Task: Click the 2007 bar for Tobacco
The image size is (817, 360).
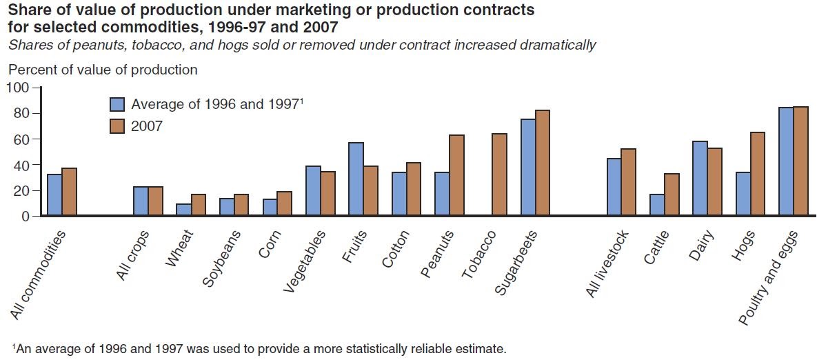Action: click(x=499, y=175)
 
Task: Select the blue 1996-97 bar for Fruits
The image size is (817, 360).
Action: click(x=356, y=179)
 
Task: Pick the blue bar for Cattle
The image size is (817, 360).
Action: click(x=658, y=205)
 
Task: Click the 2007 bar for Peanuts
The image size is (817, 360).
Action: click(x=456, y=175)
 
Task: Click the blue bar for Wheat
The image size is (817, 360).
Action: click(x=183, y=210)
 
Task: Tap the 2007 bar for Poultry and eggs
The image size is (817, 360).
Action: click(x=800, y=161)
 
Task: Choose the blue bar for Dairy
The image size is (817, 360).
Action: click(x=700, y=179)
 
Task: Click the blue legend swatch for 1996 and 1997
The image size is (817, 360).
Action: click(x=117, y=104)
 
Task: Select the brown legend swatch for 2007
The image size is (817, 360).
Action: click(x=117, y=126)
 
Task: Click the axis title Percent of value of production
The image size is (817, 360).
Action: click(x=103, y=70)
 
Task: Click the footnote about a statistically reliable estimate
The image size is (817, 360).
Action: click(x=259, y=349)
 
